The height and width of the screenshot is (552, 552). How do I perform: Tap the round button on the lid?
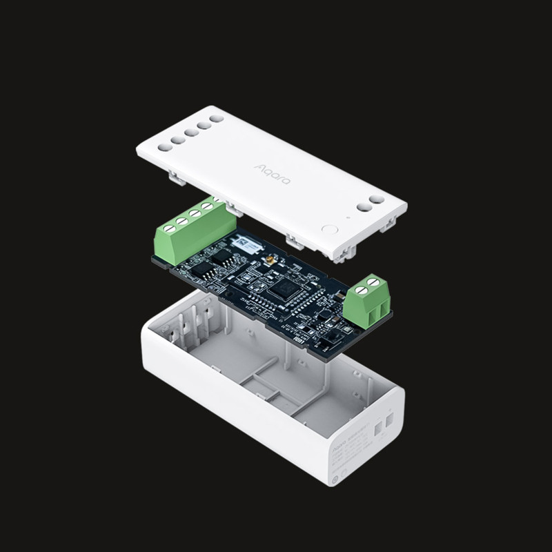329,230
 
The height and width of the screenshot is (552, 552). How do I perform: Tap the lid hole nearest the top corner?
217,118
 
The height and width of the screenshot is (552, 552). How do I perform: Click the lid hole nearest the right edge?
377,199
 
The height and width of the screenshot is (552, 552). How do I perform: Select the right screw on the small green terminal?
375,280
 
